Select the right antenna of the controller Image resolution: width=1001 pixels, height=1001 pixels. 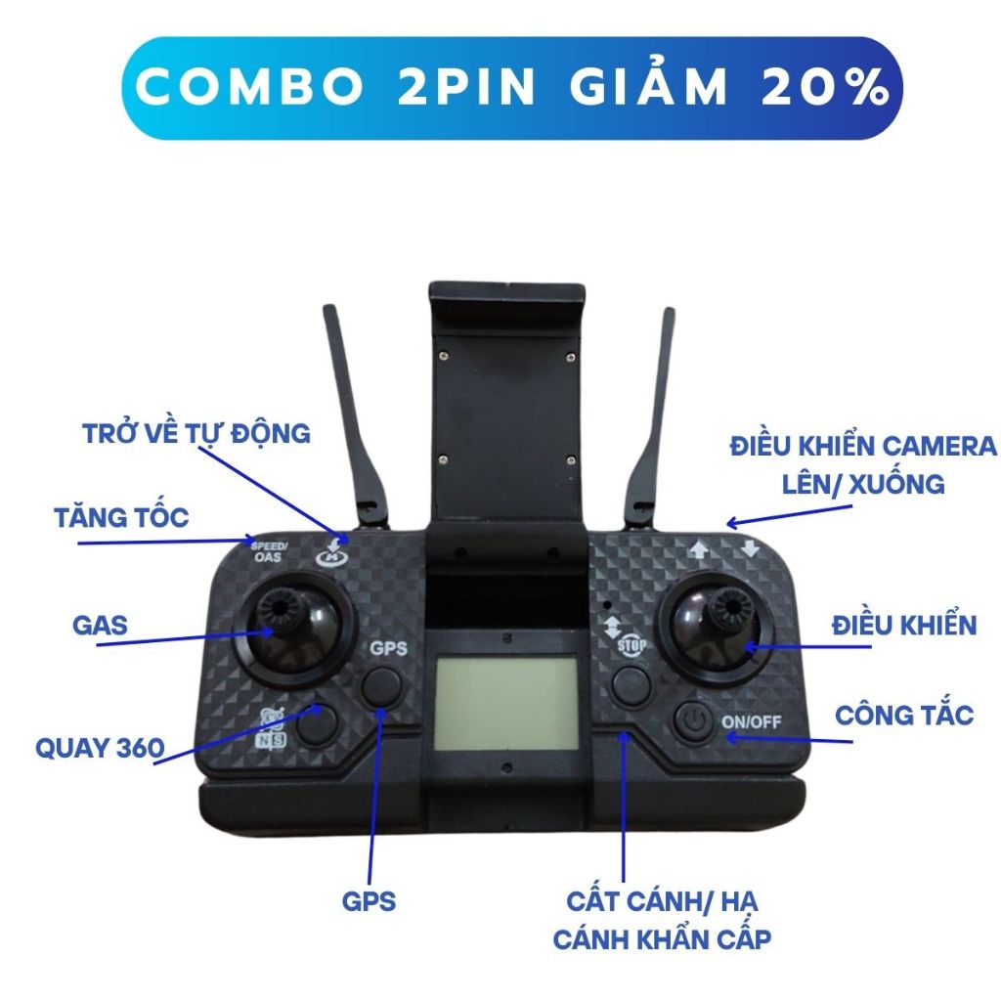650,411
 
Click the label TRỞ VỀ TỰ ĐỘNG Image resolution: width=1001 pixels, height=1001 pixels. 196,433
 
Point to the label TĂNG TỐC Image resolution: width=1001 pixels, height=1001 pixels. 121,517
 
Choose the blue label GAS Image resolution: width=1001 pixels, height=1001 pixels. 100,625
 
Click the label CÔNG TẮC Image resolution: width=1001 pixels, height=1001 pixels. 904,715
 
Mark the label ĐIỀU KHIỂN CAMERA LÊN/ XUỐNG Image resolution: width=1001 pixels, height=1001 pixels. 862,464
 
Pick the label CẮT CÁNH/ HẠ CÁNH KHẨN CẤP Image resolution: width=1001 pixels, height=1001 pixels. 663,920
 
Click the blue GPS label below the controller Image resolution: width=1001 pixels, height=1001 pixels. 369,900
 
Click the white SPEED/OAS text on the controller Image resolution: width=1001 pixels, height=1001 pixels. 268,551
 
